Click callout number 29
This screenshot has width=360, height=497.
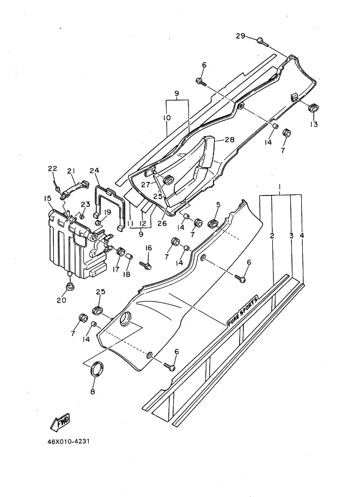(240, 36)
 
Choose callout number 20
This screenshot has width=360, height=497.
(62, 300)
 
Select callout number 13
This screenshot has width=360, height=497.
(314, 124)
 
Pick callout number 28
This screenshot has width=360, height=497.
(229, 140)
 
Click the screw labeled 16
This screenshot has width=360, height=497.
(145, 265)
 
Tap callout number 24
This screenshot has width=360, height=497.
(94, 170)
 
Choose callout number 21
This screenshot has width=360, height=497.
(71, 170)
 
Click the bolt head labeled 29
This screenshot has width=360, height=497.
(261, 39)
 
